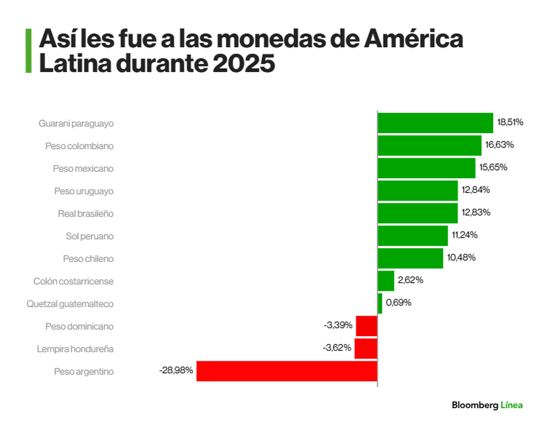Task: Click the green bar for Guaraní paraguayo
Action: click(x=435, y=123)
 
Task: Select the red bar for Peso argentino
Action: click(x=287, y=371)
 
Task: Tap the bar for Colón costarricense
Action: click(x=386, y=281)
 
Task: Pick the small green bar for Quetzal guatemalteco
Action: click(x=380, y=303)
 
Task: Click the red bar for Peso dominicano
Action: click(x=366, y=326)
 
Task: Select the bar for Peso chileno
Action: click(x=410, y=258)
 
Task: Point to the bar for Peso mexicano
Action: click(x=426, y=168)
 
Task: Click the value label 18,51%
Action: click(x=510, y=123)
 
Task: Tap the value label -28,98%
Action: click(x=176, y=371)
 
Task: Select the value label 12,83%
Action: click(x=476, y=213)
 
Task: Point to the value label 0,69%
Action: click(x=398, y=303)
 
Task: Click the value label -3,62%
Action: click(x=337, y=348)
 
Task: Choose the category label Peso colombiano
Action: click(x=79, y=146)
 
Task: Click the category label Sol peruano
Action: click(x=89, y=236)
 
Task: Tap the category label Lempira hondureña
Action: click(x=75, y=349)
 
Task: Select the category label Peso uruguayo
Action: click(x=84, y=191)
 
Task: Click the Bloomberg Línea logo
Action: click(x=487, y=405)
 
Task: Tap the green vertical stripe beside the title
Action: click(x=28, y=51)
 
